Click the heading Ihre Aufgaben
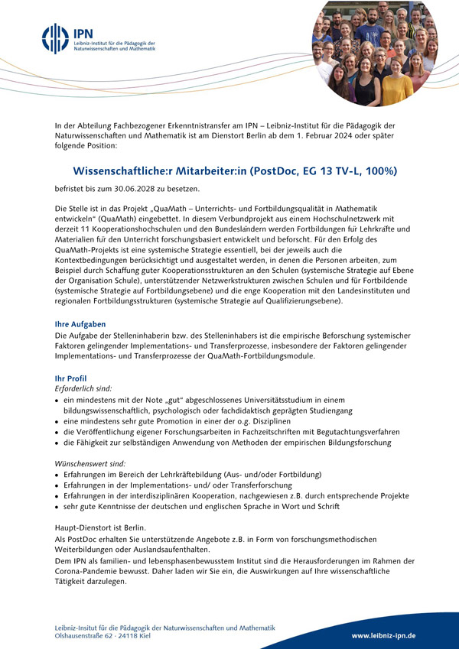pyautogui.click(x=80, y=324)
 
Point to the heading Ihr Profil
pyautogui.click(x=71, y=378)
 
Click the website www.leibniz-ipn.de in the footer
pyautogui.click(x=383, y=635)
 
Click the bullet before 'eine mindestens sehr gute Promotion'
pyautogui.click(x=57, y=421)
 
